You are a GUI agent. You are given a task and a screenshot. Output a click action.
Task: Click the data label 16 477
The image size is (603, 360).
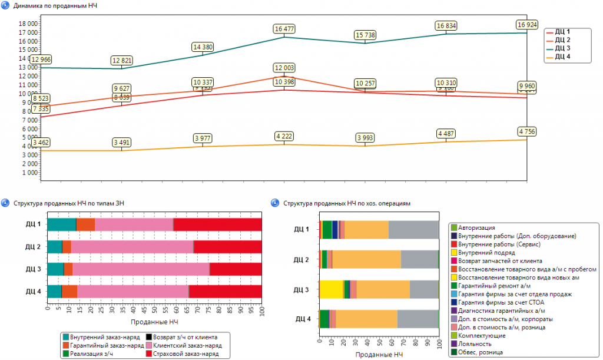coord(284,28)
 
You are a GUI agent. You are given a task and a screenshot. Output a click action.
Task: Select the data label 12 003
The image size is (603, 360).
coord(284,68)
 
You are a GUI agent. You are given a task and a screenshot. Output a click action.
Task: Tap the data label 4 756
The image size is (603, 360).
coord(528,131)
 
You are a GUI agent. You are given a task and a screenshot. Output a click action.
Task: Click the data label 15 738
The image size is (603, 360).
coord(365,35)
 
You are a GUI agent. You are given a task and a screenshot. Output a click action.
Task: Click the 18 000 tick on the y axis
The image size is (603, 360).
coord(29,23)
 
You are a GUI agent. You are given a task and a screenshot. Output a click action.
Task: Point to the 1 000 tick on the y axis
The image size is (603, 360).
coord(31,172)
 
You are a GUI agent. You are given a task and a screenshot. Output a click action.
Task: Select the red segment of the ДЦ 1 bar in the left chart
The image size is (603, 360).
coord(218,224)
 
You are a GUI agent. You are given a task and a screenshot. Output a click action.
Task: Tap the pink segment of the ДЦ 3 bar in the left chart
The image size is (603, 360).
coord(141,269)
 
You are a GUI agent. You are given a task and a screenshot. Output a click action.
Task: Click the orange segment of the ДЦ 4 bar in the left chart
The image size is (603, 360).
coord(69,292)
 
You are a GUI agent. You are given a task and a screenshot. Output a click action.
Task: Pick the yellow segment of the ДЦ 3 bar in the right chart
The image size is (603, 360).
coord(331,289)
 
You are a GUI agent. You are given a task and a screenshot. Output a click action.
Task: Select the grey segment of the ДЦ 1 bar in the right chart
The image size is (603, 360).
coord(413,230)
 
